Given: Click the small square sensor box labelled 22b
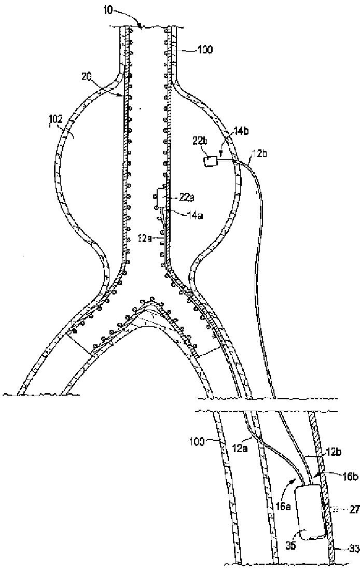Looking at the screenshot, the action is pyautogui.click(x=211, y=161).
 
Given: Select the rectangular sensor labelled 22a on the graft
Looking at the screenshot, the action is pyautogui.click(x=161, y=198).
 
